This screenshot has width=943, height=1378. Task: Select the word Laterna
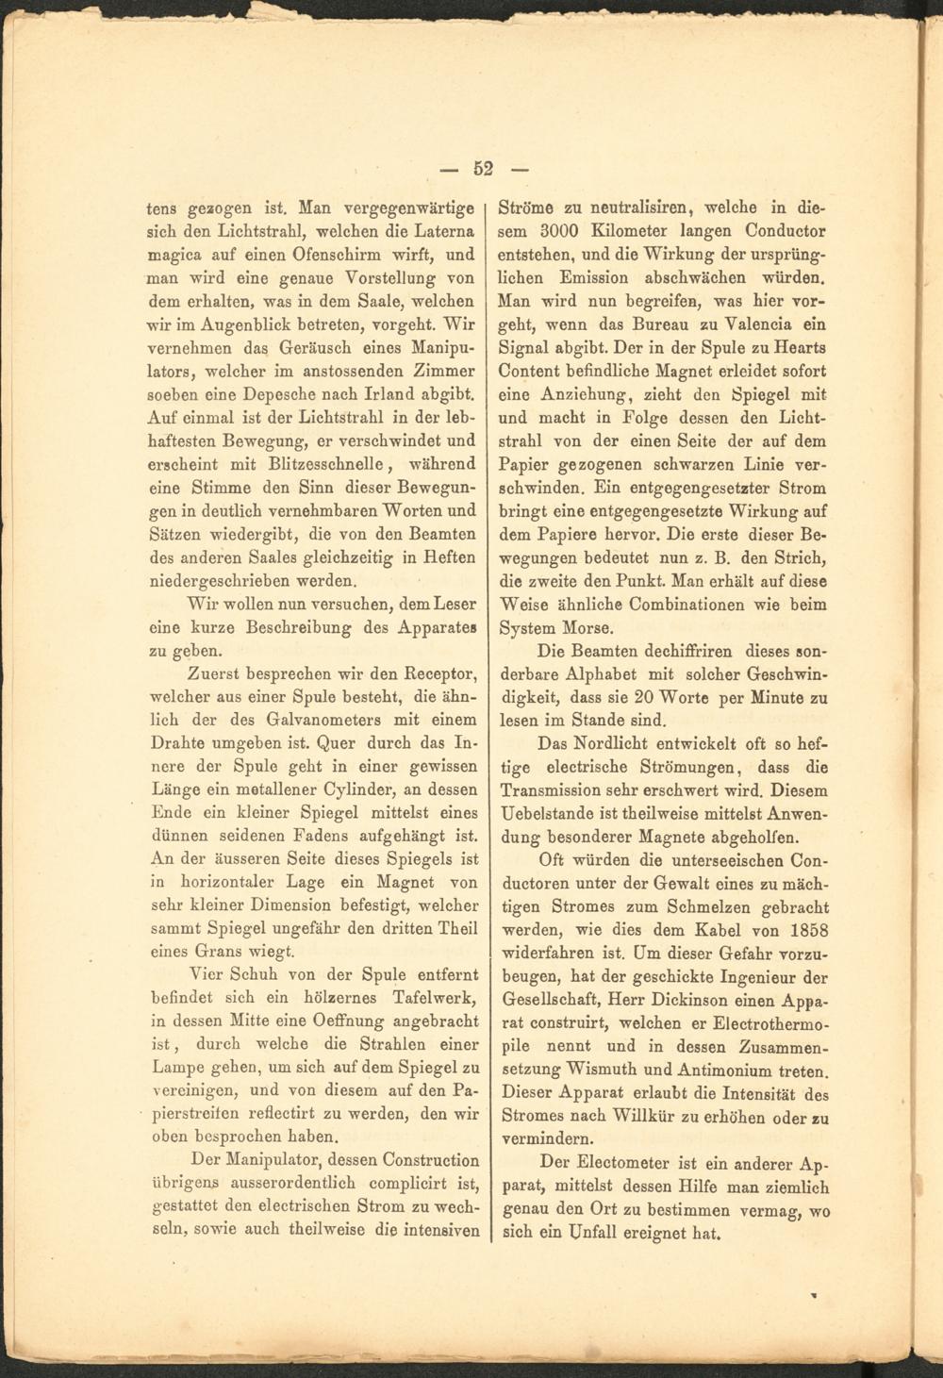(x=442, y=231)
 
